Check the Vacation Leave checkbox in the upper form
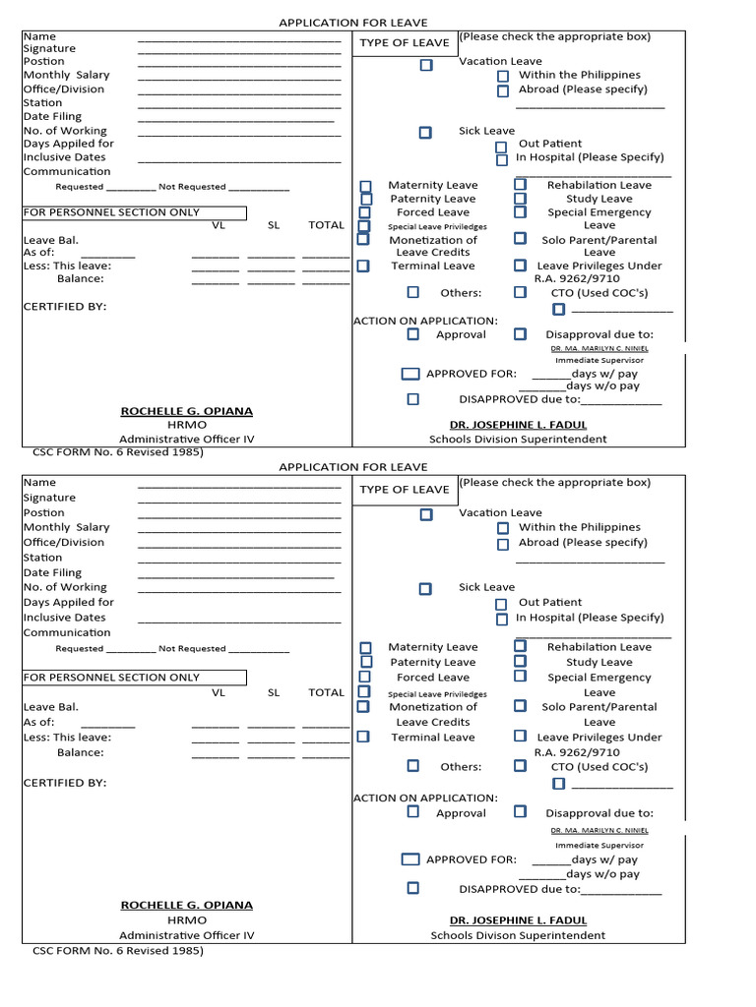(x=425, y=65)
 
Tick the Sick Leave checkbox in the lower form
(x=425, y=589)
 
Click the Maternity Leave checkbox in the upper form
(x=365, y=186)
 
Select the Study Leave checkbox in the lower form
(x=520, y=662)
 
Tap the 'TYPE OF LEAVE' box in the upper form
(x=404, y=43)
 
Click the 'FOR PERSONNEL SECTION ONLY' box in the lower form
(x=134, y=678)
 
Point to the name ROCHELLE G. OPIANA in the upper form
(x=186, y=411)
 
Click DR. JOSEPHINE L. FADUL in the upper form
(x=518, y=425)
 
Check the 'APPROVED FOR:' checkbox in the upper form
(x=410, y=374)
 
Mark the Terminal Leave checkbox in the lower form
(x=363, y=737)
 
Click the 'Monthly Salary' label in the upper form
(x=67, y=75)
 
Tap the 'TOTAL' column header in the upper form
(x=326, y=225)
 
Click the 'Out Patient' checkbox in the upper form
(x=501, y=147)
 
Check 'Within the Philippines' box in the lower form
(x=502, y=528)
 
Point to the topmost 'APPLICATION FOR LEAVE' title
(x=352, y=23)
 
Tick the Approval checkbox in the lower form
(x=412, y=812)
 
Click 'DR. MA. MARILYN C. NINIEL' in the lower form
(x=598, y=829)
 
